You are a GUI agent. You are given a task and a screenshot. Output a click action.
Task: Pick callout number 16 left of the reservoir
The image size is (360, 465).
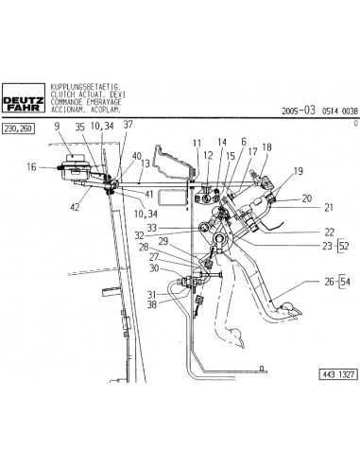(32, 167)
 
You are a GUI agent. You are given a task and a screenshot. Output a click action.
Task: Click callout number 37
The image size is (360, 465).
(128, 126)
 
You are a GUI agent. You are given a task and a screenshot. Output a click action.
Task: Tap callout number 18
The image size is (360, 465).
(266, 147)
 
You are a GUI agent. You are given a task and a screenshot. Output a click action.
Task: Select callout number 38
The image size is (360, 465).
(152, 304)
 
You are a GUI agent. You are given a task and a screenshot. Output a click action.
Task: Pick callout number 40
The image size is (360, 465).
(137, 156)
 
